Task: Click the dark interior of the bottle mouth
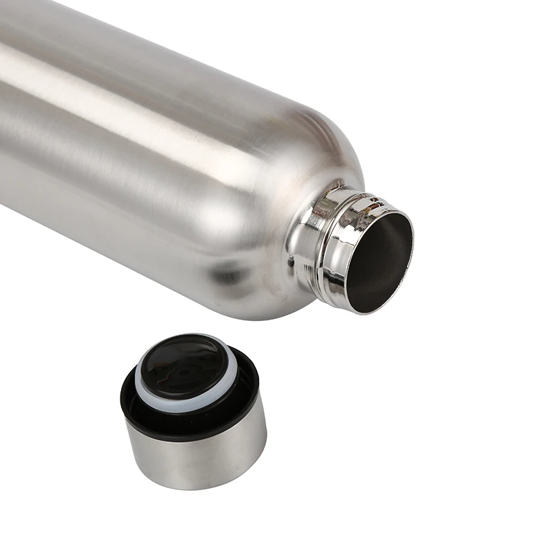[378, 258]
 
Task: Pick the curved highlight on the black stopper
[206, 351]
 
